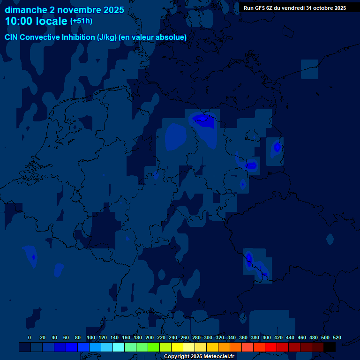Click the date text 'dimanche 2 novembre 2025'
[64, 10]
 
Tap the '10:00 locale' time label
[36, 21]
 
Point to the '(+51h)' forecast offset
[81, 21]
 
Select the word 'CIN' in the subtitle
[11, 37]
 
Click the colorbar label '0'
[30, 337]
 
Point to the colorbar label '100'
[91, 337]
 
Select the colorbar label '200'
[150, 337]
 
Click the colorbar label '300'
[208, 337]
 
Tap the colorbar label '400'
[267, 337]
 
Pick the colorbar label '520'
[337, 337]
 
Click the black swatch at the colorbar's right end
[330, 347]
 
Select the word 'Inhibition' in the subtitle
[78, 37]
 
